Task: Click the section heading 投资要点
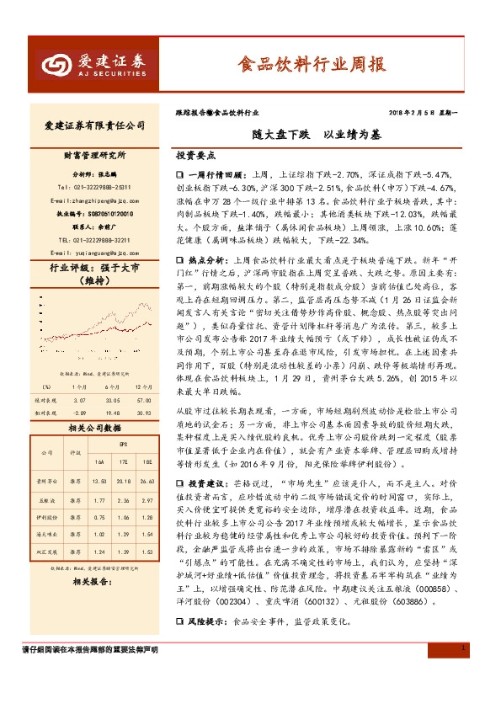195,157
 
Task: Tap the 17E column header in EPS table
123,462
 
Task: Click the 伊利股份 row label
47,518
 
